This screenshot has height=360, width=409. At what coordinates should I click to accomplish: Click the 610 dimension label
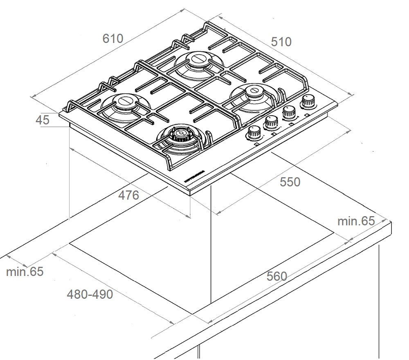click(x=113, y=39)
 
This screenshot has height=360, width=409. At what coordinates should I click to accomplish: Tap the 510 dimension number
click(x=281, y=42)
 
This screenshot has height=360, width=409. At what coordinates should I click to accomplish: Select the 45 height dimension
click(x=43, y=120)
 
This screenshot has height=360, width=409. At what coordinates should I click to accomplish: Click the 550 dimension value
click(x=290, y=182)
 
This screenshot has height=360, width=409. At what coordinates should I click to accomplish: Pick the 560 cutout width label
click(x=277, y=277)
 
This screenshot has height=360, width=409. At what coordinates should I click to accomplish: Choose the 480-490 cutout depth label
click(x=90, y=294)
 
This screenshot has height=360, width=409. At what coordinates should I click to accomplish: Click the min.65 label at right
click(x=356, y=221)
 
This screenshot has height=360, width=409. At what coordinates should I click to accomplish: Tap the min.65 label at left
click(x=25, y=272)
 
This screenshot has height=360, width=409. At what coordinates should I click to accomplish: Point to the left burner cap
click(x=124, y=101)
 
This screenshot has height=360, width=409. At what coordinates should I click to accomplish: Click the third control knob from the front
click(x=290, y=111)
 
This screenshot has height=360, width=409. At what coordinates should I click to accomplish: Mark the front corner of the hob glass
click(x=191, y=192)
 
